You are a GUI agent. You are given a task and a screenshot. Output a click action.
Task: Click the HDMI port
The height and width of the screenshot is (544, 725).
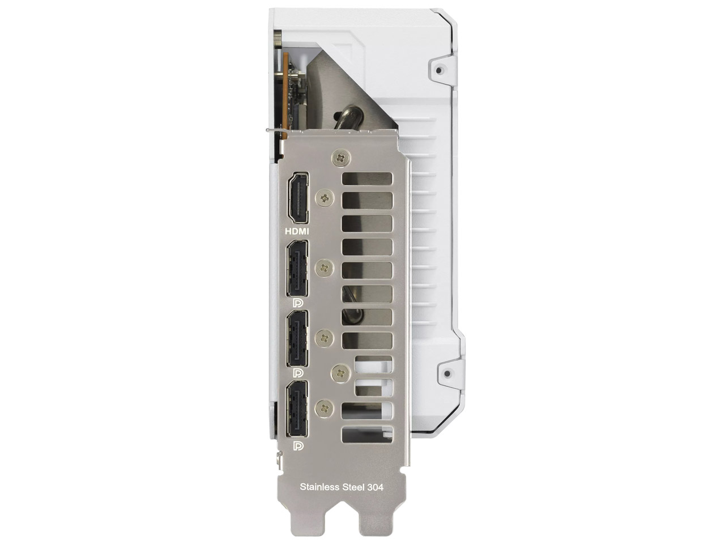coord(298,198)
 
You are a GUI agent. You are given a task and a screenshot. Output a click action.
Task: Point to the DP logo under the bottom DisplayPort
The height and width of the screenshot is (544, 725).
coord(298,447)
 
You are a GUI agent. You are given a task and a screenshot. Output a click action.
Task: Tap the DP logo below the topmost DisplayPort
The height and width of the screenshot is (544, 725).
coord(298,304)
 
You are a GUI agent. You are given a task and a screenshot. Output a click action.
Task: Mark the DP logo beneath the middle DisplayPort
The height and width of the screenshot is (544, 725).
coord(298,373)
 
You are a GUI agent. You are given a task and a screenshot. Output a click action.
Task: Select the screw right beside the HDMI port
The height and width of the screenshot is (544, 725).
coord(325,198)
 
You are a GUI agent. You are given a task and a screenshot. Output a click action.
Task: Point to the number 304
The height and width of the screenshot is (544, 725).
coord(375,487)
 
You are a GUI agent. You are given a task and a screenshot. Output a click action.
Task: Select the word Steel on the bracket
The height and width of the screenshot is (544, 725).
coord(353,487)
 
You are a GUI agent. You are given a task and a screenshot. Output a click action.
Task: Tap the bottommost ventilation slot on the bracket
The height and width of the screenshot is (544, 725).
coord(367,434)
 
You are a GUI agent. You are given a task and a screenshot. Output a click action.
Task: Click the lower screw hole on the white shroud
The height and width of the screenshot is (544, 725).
coord(447,374)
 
